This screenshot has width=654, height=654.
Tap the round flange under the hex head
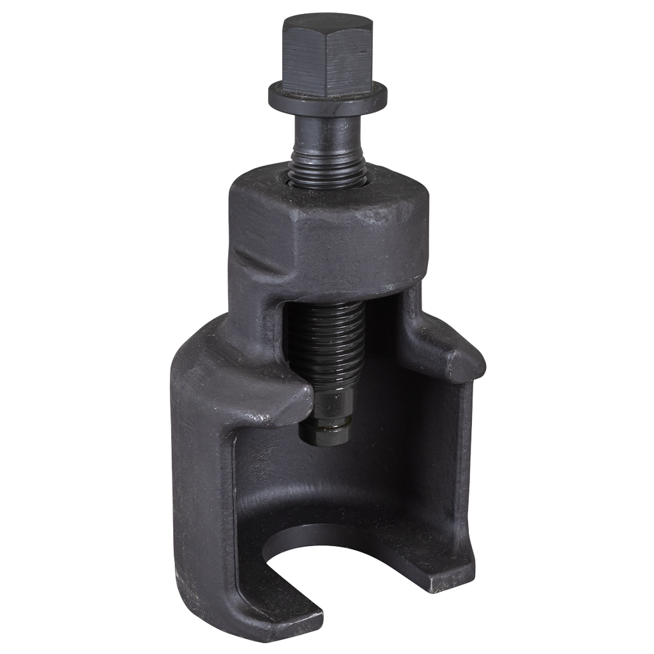(326, 96)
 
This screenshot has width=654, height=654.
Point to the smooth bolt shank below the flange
(326, 137)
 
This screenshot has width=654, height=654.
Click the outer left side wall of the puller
(198, 479)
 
